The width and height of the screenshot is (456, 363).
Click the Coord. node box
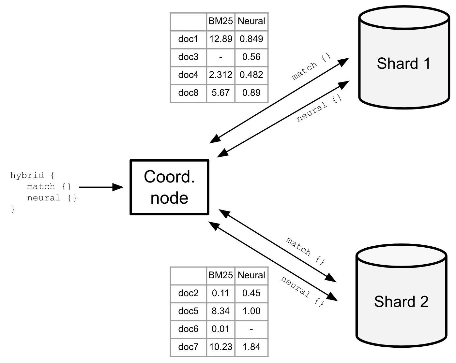click(169, 187)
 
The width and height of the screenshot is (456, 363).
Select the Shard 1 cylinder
click(404, 59)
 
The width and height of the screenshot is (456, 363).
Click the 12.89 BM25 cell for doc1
click(221, 39)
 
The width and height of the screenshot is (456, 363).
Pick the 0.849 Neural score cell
click(251, 39)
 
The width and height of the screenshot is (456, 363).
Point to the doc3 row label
click(188, 57)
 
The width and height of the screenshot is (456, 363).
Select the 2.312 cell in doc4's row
click(221, 75)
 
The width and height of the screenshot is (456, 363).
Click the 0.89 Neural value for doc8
click(251, 93)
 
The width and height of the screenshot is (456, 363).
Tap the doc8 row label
click(188, 93)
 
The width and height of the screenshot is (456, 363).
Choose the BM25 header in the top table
click(221, 21)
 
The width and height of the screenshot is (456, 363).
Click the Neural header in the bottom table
click(251, 275)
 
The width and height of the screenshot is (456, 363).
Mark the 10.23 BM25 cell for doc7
click(221, 347)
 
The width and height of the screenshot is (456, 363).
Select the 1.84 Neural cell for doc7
click(251, 347)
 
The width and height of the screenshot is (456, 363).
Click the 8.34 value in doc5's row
click(221, 311)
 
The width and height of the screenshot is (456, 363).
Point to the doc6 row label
click(188, 329)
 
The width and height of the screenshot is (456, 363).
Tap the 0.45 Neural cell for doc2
click(251, 293)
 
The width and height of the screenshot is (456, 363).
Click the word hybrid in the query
click(27, 176)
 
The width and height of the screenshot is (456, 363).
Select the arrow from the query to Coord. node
click(101, 187)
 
